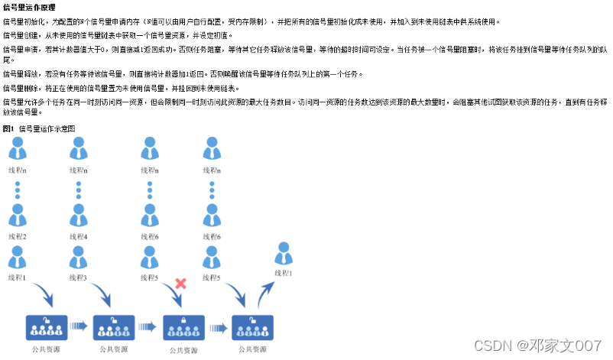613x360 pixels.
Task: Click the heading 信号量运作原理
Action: point(30,6)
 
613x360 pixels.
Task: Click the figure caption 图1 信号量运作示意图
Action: point(39,129)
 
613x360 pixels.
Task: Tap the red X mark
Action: point(181,284)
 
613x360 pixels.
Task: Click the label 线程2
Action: point(18,236)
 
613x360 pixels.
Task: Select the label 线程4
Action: point(79,236)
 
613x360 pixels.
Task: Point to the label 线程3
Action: point(79,277)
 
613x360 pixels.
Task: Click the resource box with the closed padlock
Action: point(183,327)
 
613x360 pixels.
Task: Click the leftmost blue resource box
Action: point(48,326)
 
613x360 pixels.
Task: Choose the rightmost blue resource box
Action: point(253,326)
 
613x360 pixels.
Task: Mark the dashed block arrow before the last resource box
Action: point(219,327)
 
